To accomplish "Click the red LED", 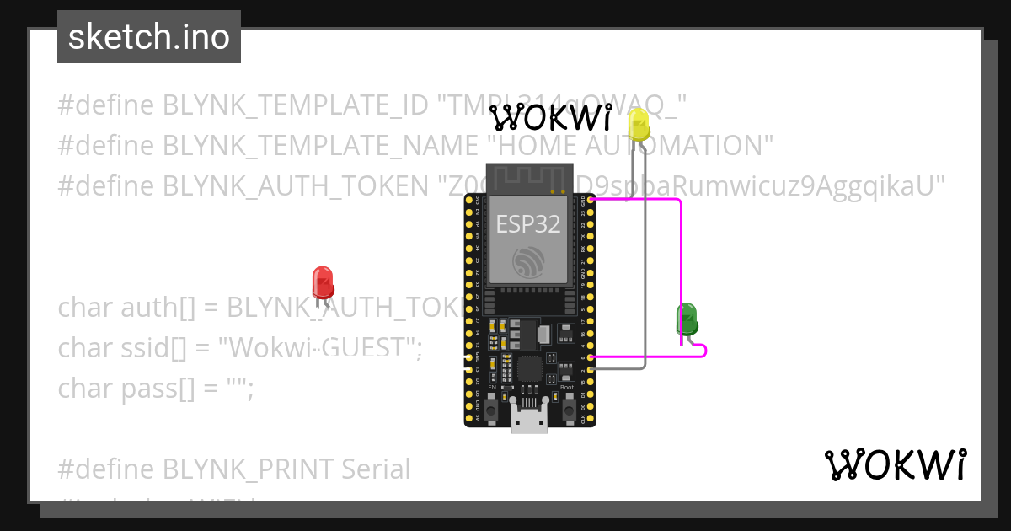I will [323, 282].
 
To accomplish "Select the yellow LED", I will [639, 125].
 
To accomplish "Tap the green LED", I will [687, 319].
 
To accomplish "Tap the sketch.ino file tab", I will [149, 37].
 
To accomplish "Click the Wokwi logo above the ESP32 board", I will [551, 118].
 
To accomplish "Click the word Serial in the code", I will [376, 469].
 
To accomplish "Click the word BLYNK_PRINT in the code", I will [249, 469].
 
